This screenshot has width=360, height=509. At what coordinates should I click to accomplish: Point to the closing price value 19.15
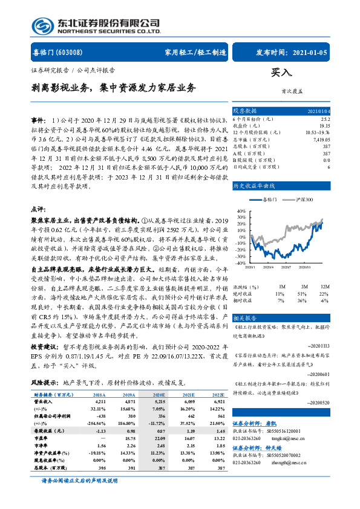[324, 125]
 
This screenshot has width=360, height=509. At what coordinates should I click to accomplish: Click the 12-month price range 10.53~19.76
[318, 132]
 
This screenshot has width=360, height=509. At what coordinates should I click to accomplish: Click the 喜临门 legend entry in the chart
[267, 199]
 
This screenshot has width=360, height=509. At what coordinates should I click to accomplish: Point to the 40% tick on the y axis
[241, 211]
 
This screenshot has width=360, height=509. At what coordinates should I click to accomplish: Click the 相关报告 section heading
[246, 317]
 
